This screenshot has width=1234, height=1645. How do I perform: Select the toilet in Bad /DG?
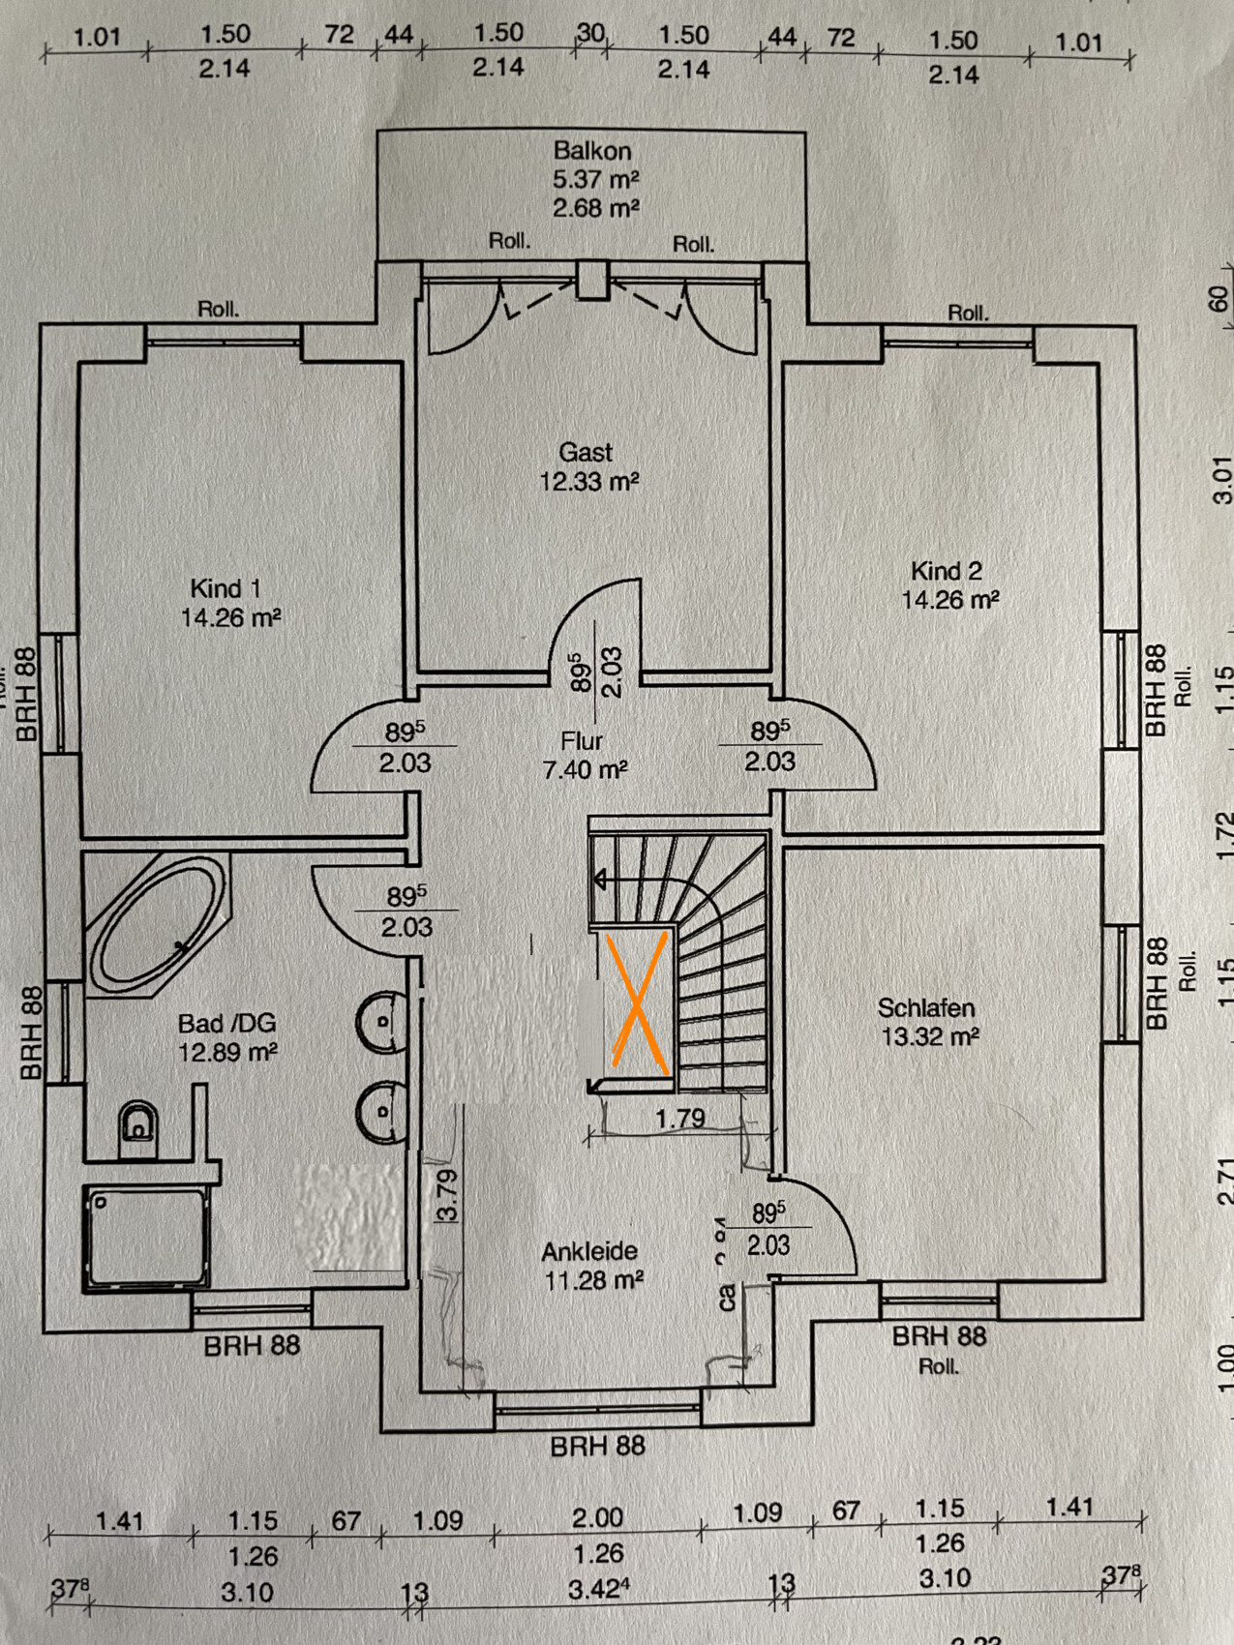point(138,1127)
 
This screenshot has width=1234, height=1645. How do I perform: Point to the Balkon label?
point(592,151)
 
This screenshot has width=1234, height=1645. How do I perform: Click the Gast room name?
point(586,452)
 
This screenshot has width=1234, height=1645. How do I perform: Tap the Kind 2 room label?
point(947,571)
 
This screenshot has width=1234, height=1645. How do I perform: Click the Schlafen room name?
point(926,1008)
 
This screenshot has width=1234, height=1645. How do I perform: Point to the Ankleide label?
point(590,1252)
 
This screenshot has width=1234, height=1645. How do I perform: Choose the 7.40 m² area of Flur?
point(585,770)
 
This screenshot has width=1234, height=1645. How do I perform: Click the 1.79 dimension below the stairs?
point(680,1119)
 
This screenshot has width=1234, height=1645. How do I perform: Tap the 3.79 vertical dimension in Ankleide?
point(446,1195)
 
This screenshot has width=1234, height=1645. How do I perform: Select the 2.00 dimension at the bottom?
point(597,1517)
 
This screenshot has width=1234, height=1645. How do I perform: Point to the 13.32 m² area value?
point(930,1037)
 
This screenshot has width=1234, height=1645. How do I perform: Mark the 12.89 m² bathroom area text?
point(227,1052)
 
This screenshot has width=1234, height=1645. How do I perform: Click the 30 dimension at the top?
point(590,33)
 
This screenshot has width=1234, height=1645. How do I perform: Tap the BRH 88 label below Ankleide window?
point(597,1447)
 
